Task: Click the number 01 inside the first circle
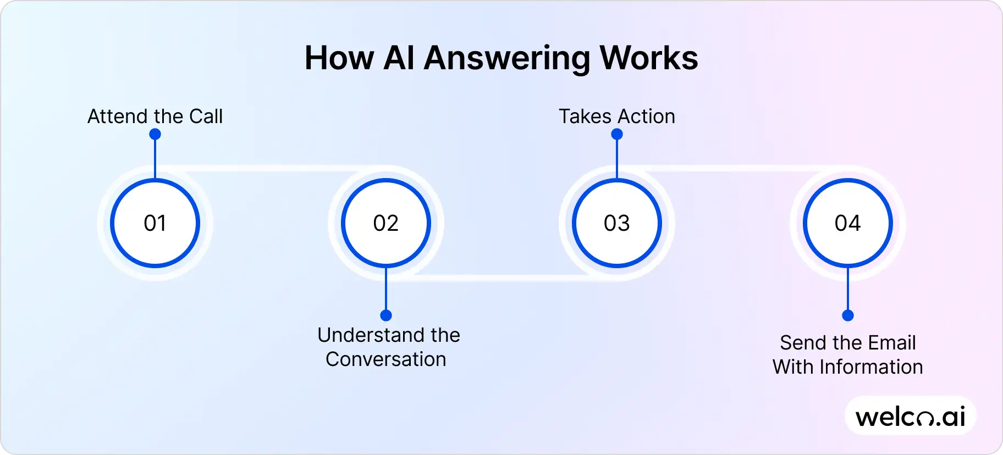point(155,223)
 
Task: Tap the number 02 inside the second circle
point(386,223)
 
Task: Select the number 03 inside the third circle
point(617,223)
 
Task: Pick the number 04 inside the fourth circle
point(848,223)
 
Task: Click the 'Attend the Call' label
point(155,116)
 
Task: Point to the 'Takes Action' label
point(617,116)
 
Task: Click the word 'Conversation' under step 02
point(386,359)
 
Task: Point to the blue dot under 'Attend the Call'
point(155,134)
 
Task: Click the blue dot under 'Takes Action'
point(617,134)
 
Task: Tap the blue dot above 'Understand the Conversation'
point(386,315)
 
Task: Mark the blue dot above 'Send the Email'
point(848,315)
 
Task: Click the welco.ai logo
point(911,417)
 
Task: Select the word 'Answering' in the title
point(506,58)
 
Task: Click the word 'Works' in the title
point(649,58)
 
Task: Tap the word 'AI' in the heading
point(399,58)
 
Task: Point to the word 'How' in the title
point(339,58)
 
